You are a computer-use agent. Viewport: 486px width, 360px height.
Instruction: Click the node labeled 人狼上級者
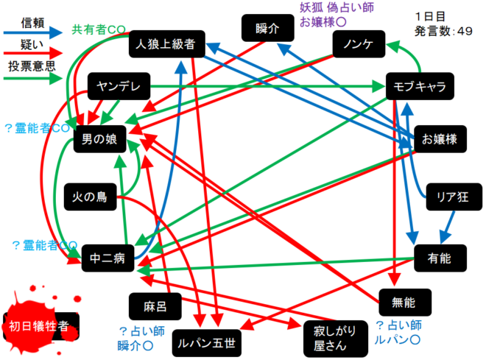(165, 45)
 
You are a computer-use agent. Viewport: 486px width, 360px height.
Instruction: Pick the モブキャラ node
(420, 87)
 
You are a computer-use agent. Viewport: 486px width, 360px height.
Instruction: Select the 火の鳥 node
(91, 197)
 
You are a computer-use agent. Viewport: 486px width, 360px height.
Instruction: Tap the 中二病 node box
(106, 259)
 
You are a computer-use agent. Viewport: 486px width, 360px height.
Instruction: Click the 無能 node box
(404, 302)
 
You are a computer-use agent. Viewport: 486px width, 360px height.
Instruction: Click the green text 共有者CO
(99, 30)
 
